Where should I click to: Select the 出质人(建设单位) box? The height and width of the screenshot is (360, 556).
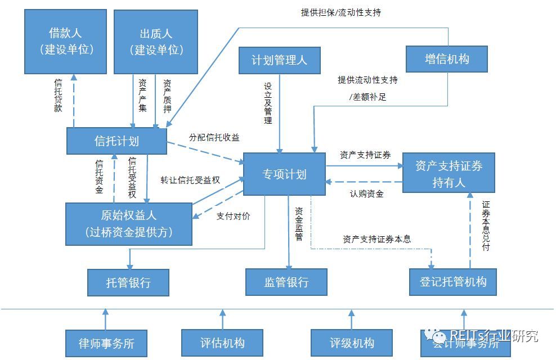[156, 41]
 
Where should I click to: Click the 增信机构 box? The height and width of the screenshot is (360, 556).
[446, 58]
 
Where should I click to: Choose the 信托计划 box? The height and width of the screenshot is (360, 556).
[116, 141]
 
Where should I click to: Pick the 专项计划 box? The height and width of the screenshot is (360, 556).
[284, 174]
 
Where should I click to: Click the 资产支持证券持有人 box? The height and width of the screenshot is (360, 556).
[449, 173]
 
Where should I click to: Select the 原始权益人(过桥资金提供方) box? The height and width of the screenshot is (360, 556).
[128, 224]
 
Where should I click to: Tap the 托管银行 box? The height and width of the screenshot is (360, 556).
[128, 282]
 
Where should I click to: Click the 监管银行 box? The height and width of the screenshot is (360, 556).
[286, 282]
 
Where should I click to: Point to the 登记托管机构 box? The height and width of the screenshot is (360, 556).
[453, 281]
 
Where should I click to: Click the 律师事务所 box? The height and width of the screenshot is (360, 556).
[106, 343]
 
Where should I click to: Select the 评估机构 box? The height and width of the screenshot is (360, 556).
[222, 343]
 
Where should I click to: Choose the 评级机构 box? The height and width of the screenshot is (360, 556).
[352, 343]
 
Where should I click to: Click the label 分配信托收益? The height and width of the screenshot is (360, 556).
[214, 137]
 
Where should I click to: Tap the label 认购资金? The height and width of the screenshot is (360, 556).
[366, 194]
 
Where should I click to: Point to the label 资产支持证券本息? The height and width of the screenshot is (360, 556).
[376, 239]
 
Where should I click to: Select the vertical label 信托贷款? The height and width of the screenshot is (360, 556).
[58, 96]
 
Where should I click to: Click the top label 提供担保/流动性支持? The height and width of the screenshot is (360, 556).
[341, 12]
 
